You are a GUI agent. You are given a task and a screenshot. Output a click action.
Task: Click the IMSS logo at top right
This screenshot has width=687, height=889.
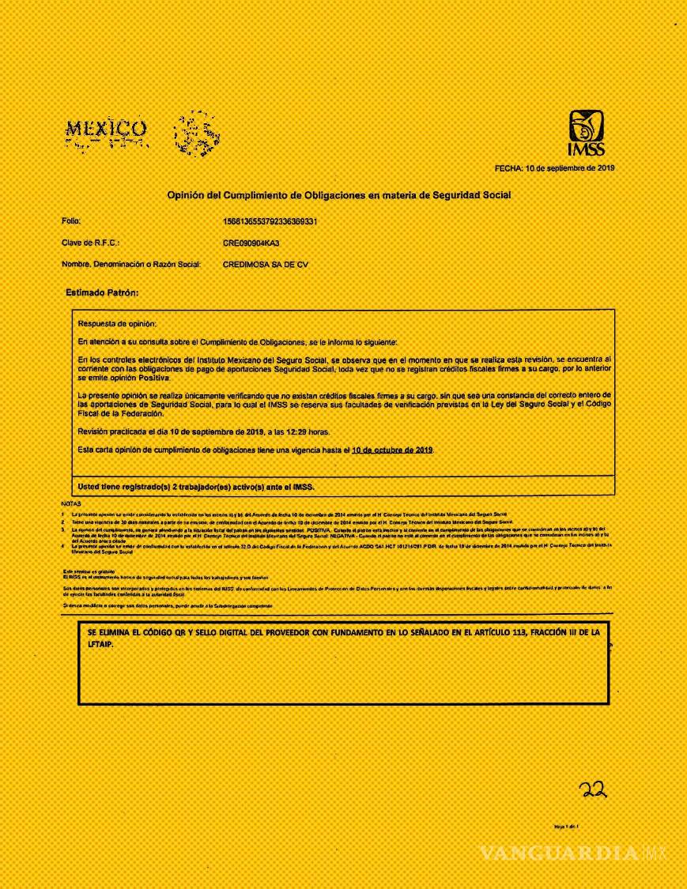(587, 133)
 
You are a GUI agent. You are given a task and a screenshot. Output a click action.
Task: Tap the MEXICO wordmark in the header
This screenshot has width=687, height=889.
(105, 129)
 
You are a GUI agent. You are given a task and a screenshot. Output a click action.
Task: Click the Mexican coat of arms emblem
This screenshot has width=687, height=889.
(191, 133)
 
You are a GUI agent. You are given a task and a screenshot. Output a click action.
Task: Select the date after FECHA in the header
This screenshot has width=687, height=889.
(569, 168)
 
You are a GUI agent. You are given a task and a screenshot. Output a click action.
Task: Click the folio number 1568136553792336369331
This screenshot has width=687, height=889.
(270, 221)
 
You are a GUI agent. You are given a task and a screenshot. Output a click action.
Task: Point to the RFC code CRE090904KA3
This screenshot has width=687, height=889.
(251, 243)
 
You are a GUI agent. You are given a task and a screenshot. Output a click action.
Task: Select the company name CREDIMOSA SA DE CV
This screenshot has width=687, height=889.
(266, 265)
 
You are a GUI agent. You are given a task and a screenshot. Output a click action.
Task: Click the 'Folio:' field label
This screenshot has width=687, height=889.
(72, 221)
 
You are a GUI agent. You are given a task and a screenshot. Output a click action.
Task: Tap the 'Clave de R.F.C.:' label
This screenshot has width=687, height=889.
(90, 243)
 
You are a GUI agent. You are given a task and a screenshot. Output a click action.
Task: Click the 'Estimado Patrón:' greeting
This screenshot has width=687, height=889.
(102, 292)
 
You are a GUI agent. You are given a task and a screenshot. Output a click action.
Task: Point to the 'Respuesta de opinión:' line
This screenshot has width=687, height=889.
(117, 324)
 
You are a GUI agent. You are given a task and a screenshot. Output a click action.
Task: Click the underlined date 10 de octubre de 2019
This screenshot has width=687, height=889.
(393, 450)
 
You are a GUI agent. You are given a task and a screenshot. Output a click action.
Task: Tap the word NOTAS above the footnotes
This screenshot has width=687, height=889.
(70, 503)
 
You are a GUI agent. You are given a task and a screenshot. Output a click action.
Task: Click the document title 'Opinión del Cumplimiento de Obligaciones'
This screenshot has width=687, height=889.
(338, 194)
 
